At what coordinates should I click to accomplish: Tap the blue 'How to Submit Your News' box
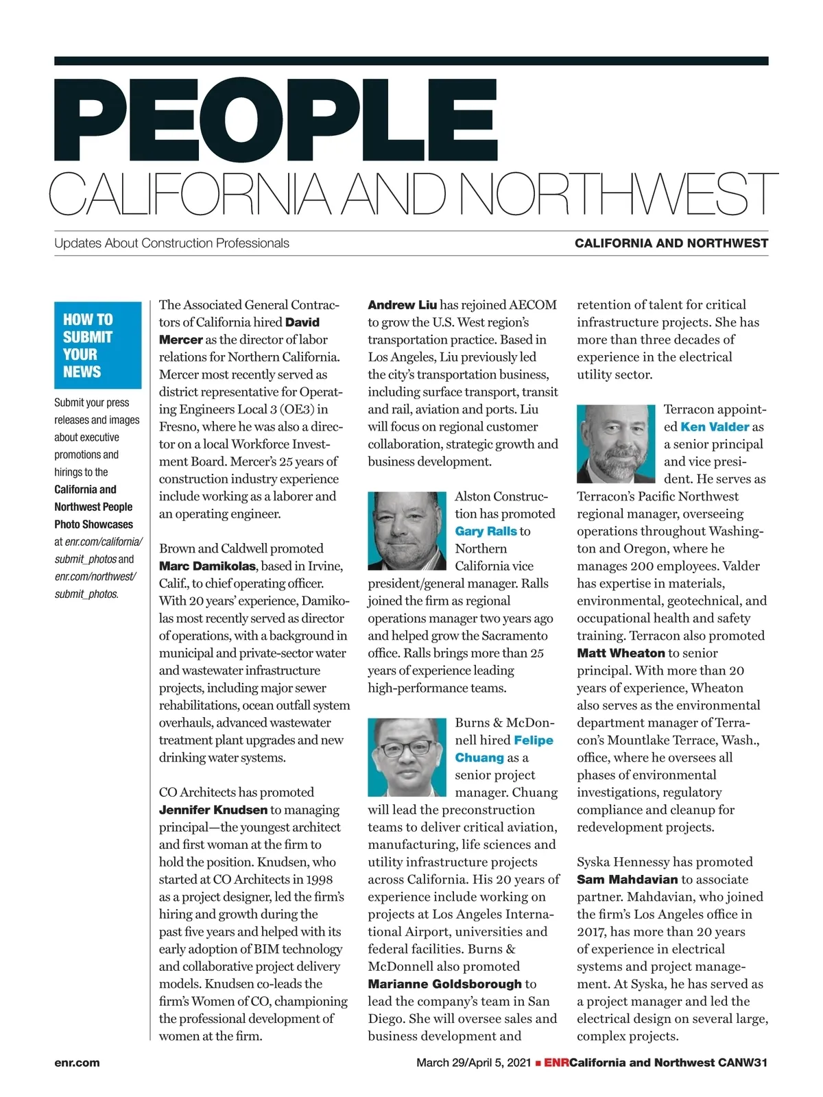click(x=97, y=346)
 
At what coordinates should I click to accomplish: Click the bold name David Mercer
click(x=239, y=330)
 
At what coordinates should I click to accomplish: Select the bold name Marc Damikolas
click(x=208, y=566)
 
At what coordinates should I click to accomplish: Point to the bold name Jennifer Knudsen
click(x=213, y=810)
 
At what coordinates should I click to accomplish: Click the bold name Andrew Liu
click(x=402, y=305)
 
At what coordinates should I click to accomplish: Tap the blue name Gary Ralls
click(x=486, y=531)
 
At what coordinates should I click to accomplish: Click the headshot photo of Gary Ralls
click(x=407, y=531)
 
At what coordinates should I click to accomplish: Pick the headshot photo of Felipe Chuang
click(x=407, y=757)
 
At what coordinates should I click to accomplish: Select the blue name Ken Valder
click(x=715, y=426)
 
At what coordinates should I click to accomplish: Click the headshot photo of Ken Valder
click(x=616, y=444)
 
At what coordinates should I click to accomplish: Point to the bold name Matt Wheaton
click(x=621, y=653)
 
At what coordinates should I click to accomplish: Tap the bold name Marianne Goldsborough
click(x=445, y=985)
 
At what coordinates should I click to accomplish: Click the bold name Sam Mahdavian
click(x=627, y=880)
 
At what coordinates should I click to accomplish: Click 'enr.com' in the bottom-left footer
click(x=77, y=1063)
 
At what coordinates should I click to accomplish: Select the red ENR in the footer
click(x=556, y=1063)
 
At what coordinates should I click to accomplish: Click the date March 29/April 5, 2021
click(x=473, y=1063)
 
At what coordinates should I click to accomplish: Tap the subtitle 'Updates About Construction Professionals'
click(x=171, y=243)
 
